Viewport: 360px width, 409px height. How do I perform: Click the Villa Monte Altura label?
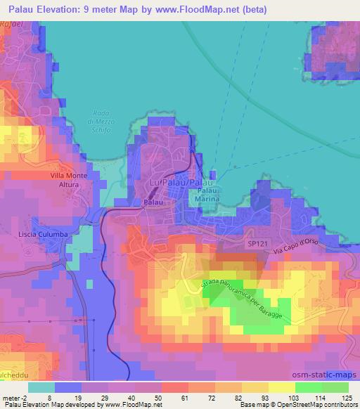66,179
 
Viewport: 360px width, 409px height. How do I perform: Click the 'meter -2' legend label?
15,397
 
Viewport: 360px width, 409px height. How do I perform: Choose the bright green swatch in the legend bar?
309,387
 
